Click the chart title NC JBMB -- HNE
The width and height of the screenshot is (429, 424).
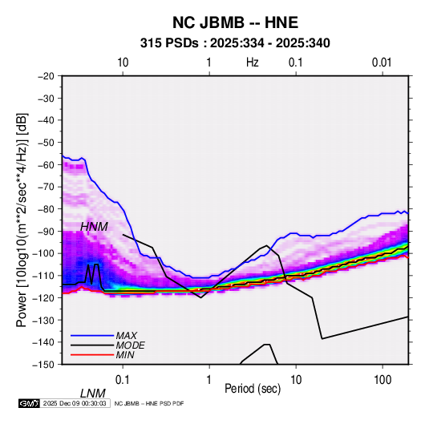pyautogui.click(x=235, y=22)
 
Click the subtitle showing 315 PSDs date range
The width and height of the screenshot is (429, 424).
pyautogui.click(x=235, y=43)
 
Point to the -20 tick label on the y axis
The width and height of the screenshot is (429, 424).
pyautogui.click(x=46, y=76)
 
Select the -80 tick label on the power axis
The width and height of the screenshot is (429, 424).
pyautogui.click(x=46, y=209)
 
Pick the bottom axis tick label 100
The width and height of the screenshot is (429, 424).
pyautogui.click(x=382, y=380)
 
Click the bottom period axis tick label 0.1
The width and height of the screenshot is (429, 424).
pyautogui.click(x=123, y=380)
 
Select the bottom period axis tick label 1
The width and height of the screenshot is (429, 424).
pyautogui.click(x=209, y=380)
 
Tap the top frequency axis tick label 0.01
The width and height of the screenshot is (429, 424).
pyautogui.click(x=382, y=63)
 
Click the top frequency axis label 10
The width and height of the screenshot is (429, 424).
pyautogui.click(x=123, y=63)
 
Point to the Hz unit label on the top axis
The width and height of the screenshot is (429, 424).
pyautogui.click(x=253, y=63)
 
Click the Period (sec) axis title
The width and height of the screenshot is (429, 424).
pyautogui.click(x=253, y=389)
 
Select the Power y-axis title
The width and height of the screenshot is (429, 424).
pyautogui.click(x=22, y=220)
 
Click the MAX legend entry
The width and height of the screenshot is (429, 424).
pyautogui.click(x=126, y=335)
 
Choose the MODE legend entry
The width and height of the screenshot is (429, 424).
pyautogui.click(x=130, y=345)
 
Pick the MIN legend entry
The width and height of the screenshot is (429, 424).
pyautogui.click(x=125, y=355)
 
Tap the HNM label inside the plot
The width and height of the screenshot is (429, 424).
pyautogui.click(x=94, y=227)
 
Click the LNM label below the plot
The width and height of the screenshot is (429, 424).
pyautogui.click(x=93, y=394)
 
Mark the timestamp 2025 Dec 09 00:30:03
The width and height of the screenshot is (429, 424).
pyautogui.click(x=75, y=403)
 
